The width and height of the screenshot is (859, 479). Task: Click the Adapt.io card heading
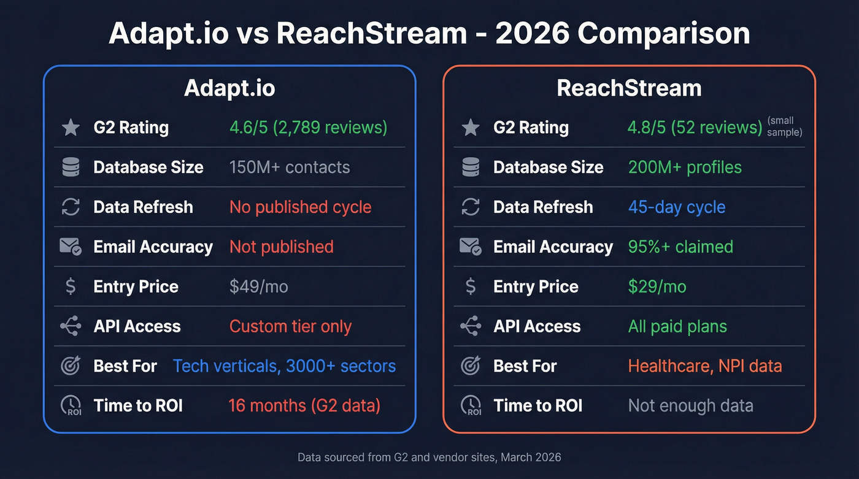tap(229, 88)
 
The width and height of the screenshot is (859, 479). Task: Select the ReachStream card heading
tap(629, 88)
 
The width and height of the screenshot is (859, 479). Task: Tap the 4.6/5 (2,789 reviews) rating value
tap(308, 128)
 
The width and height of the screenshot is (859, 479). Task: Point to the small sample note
tap(784, 127)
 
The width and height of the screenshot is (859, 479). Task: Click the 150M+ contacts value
tap(290, 167)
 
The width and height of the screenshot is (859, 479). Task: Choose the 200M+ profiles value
tap(685, 167)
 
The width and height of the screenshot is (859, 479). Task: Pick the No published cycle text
tap(300, 207)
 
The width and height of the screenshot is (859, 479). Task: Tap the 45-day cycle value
tap(677, 207)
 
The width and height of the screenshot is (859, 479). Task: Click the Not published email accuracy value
tap(282, 247)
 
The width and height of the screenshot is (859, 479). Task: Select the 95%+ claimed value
tap(680, 247)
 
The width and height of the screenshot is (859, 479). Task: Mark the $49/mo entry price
tap(258, 287)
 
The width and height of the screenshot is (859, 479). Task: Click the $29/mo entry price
tap(657, 287)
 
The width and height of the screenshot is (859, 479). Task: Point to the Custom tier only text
tap(290, 326)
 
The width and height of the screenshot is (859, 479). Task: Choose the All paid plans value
tap(677, 326)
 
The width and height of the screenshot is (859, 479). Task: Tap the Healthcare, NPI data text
tap(705, 366)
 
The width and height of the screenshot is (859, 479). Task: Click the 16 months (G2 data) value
tap(304, 406)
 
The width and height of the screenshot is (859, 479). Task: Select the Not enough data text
tap(690, 406)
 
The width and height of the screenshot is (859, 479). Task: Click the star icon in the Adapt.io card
tap(71, 128)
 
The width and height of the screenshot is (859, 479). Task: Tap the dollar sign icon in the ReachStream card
tap(471, 287)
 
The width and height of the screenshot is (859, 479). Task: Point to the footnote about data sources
tap(429, 458)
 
